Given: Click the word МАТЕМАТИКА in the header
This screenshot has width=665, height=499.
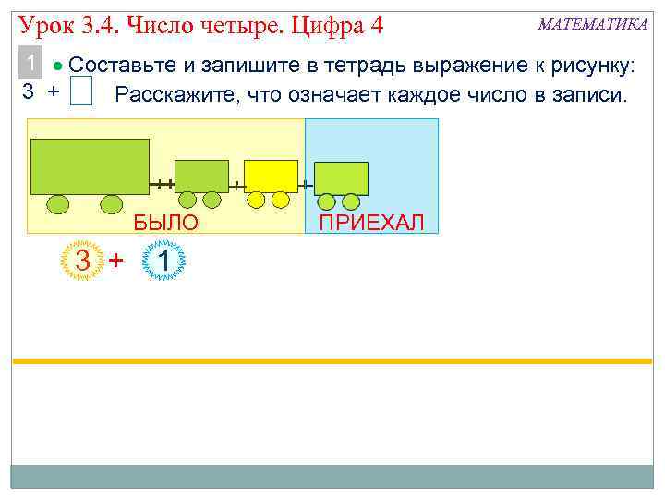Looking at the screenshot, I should click(592, 24).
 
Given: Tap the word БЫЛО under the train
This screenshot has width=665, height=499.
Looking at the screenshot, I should click(166, 222).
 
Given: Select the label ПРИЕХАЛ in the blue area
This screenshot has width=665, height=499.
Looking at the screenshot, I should click(371, 222).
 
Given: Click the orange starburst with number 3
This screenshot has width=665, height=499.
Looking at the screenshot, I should click(83, 262).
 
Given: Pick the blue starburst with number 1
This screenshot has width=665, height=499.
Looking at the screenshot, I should click(163, 262).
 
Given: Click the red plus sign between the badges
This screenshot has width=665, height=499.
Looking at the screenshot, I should click(116, 262).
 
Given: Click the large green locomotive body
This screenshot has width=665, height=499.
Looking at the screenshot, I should click(90, 166).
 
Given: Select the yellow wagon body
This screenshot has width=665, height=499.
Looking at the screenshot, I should click(271, 176).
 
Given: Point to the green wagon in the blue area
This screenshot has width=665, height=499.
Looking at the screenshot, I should click(342, 178).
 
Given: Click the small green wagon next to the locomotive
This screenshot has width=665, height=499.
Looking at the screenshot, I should click(201, 176).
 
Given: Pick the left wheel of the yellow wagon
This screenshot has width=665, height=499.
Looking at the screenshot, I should click(258, 200).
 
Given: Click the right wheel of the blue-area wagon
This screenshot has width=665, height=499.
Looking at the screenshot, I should click(351, 201).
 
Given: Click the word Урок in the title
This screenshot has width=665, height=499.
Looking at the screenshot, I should click(42, 22).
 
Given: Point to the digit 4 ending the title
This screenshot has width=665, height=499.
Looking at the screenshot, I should click(375, 22).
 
